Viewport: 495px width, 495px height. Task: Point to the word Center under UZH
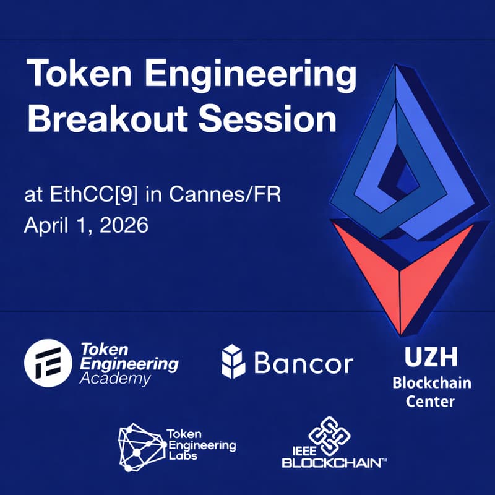[x=431, y=401]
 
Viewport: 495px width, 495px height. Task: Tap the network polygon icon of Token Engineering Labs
[x=140, y=446]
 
